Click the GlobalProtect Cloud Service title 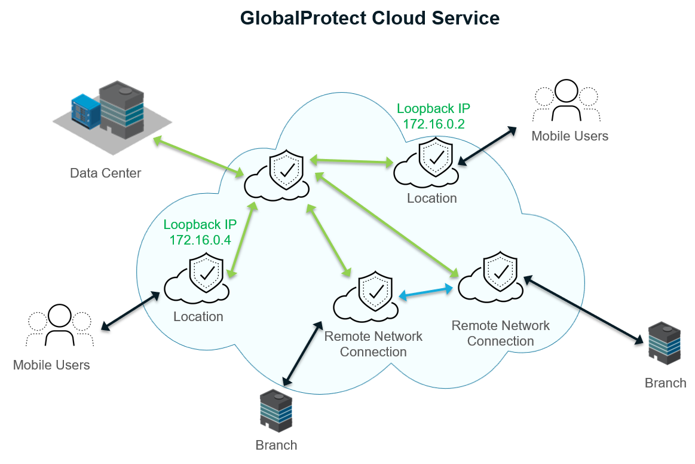click(369, 19)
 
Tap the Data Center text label click(105, 173)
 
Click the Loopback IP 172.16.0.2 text click(433, 117)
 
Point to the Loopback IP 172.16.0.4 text click(200, 232)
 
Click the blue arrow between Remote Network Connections click(425, 292)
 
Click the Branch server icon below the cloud click(276, 411)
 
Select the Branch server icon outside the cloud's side click(665, 344)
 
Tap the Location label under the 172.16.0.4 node click(198, 317)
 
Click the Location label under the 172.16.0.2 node click(431, 198)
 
